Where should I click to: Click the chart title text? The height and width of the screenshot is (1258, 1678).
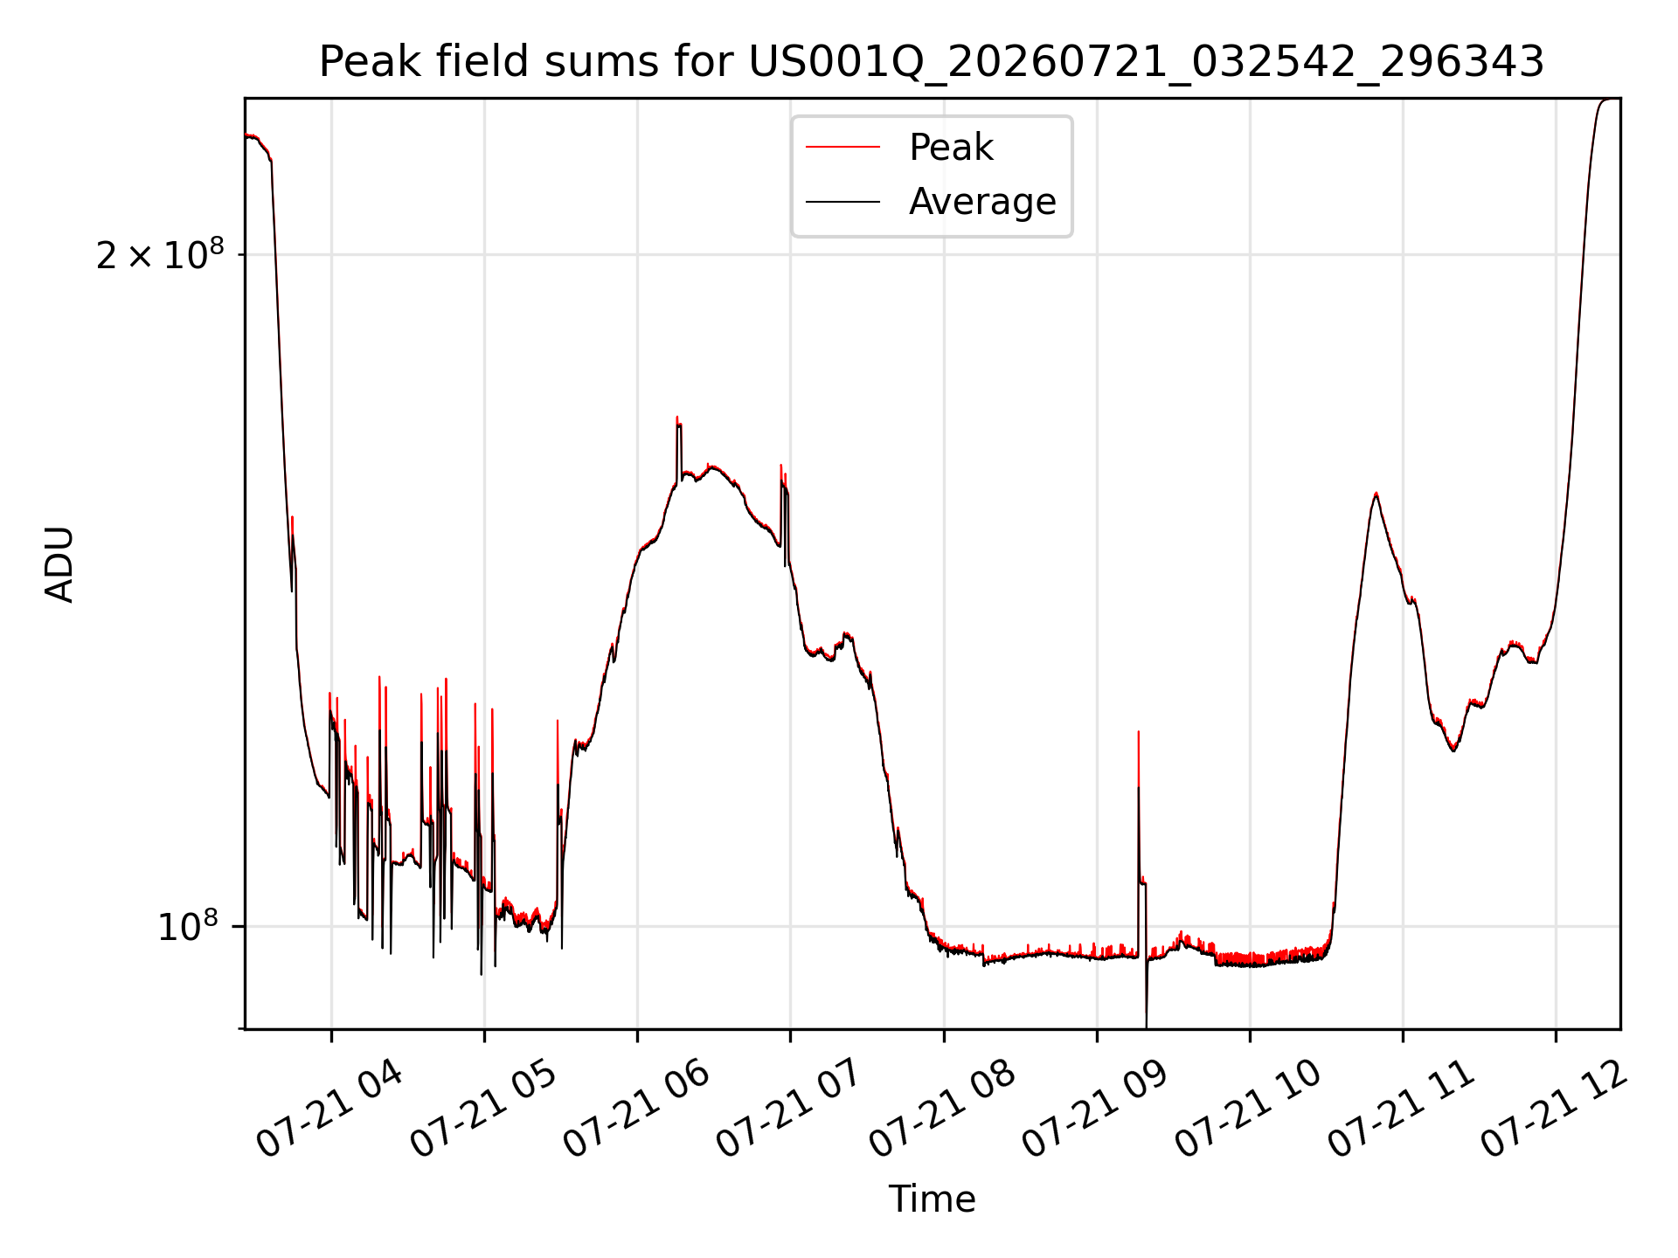pos(932,62)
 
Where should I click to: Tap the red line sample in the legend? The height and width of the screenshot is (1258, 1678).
pos(842,147)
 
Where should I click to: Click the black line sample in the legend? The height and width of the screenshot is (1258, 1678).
pos(842,202)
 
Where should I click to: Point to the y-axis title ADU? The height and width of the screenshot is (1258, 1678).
pos(59,564)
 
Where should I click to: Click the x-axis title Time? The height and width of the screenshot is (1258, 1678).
pos(932,1199)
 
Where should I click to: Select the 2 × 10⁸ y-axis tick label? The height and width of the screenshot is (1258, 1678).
pos(160,253)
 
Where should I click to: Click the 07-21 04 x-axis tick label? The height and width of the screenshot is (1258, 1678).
pos(329,1109)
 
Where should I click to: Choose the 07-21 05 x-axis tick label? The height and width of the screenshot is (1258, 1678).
pos(482,1109)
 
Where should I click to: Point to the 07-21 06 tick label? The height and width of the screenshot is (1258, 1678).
pos(635,1109)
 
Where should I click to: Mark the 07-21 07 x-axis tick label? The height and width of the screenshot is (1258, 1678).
pos(788,1109)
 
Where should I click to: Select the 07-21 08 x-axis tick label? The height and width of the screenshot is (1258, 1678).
pos(941,1109)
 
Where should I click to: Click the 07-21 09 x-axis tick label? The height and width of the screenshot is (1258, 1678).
pos(1094,1109)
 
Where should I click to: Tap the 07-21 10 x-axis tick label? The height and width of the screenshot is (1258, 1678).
pos(1247,1109)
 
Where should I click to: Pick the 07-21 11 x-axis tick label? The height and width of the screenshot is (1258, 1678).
pos(1401,1109)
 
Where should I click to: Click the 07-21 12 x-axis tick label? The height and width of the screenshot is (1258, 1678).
pos(1554,1109)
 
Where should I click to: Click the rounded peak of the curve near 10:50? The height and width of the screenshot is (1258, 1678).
pos(1376,494)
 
